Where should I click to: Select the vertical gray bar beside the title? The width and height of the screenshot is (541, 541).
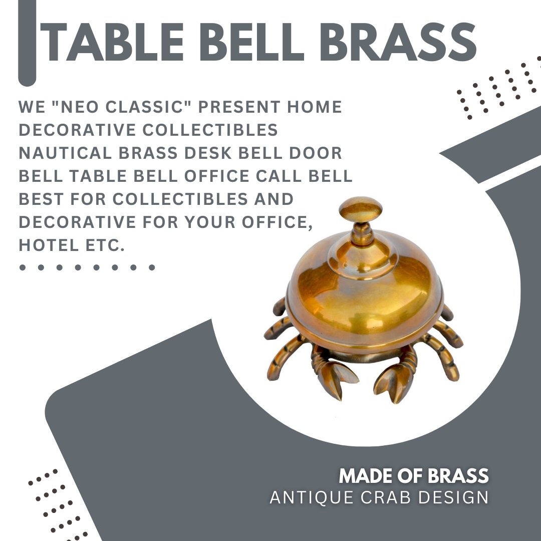click(27, 42)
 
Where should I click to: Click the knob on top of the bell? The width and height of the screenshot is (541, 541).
click(360, 209)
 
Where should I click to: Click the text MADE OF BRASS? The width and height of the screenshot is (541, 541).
click(413, 476)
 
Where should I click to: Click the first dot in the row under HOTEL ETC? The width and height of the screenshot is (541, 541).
click(22, 267)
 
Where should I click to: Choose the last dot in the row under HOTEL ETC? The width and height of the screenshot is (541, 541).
click(152, 267)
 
